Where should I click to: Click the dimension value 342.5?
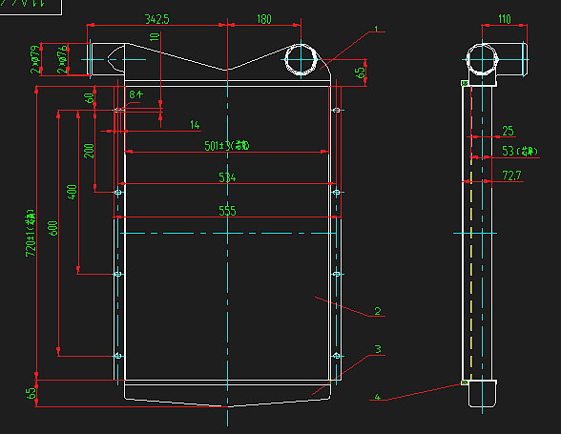click(157, 19)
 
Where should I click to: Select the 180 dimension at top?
click(263, 19)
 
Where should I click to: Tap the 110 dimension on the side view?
click(504, 19)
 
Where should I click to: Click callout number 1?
click(376, 30)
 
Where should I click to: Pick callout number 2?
click(378, 311)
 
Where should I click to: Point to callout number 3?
click(378, 349)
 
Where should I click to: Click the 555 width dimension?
click(227, 211)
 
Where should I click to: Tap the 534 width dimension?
click(227, 177)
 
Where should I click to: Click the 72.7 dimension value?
click(511, 176)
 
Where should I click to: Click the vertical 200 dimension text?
click(90, 152)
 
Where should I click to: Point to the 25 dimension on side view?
click(508, 131)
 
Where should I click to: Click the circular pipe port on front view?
click(303, 60)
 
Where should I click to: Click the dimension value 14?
click(195, 125)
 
